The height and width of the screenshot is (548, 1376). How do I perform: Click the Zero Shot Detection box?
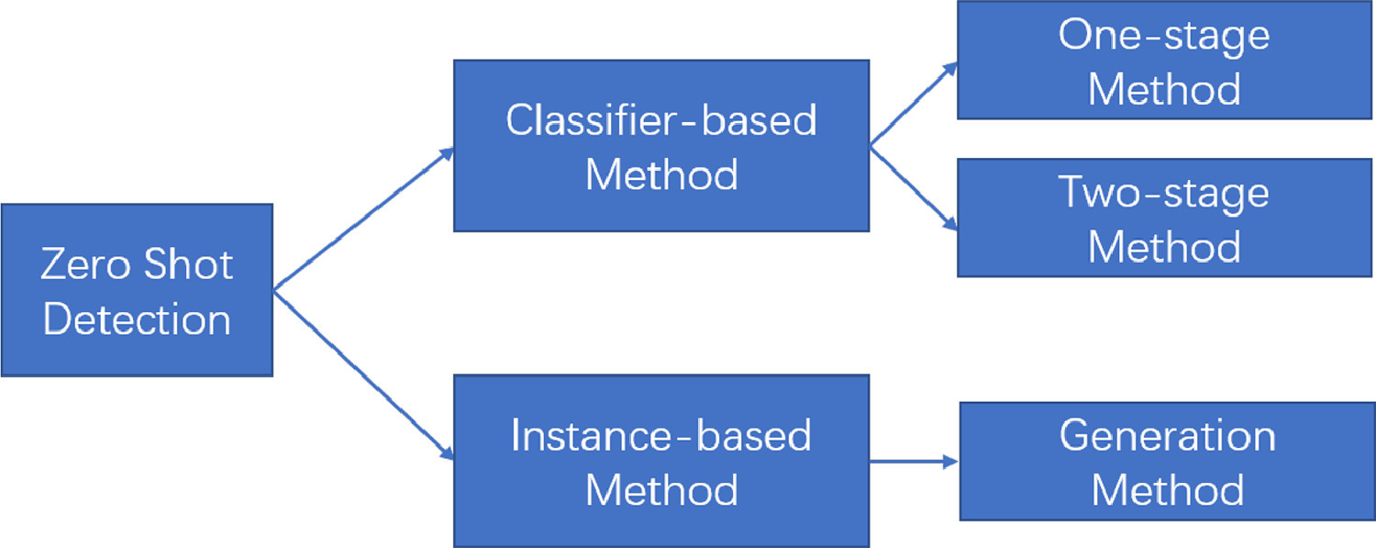[137, 290]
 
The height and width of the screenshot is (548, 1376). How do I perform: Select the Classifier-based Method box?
[661, 146]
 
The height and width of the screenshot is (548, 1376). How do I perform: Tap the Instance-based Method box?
[661, 461]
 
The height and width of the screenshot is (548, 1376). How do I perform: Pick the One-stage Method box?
[1165, 61]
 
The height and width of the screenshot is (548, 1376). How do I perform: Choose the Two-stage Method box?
[1165, 218]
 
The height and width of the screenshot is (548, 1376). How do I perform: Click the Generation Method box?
[1167, 461]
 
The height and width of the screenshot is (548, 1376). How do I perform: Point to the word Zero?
[82, 265]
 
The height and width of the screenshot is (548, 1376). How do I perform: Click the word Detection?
[137, 320]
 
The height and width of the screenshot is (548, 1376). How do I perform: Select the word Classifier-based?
[661, 120]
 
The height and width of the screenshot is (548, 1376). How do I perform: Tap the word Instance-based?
[661, 435]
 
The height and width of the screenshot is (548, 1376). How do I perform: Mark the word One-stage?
[1164, 36]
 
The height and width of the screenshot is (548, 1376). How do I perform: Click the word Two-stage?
[1164, 193]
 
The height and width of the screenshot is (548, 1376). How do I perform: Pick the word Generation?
[1167, 435]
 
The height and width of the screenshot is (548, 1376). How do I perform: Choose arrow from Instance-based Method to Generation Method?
[914, 462]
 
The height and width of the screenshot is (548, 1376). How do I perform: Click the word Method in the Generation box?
[1167, 490]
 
